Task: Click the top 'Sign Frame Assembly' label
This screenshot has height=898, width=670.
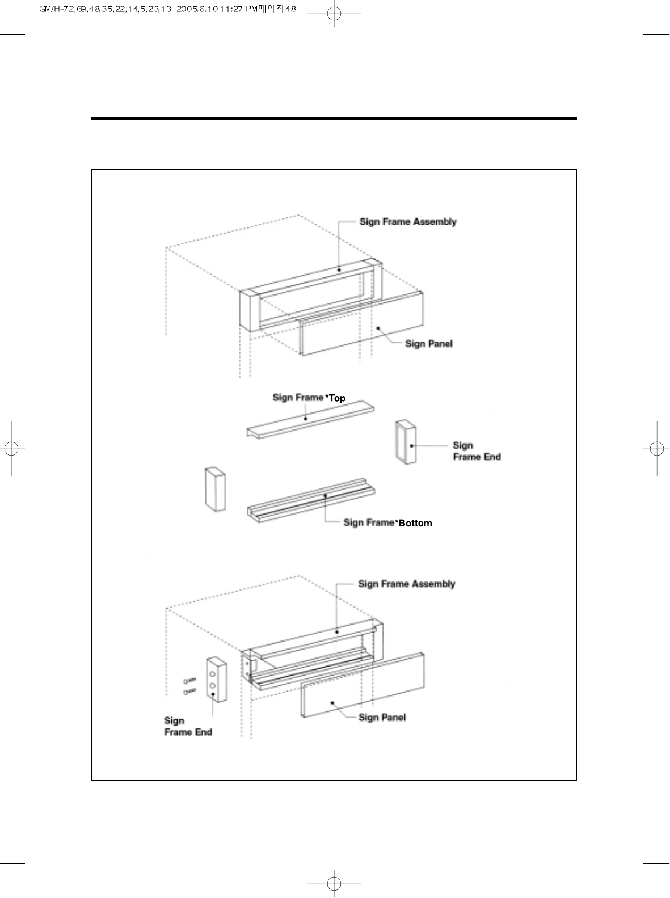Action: (x=407, y=222)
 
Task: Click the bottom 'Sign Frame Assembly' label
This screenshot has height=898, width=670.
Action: (x=406, y=584)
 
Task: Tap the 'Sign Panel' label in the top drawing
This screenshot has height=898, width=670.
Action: (x=429, y=344)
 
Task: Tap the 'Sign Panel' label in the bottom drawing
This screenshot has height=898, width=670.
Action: (x=382, y=718)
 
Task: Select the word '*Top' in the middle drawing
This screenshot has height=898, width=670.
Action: (x=335, y=398)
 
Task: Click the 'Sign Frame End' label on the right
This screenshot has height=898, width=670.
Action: (x=477, y=451)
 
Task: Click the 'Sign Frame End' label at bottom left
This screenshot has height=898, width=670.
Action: (x=188, y=727)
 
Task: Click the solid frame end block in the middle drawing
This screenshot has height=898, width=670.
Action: (x=215, y=489)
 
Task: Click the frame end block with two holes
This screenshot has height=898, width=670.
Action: (x=216, y=681)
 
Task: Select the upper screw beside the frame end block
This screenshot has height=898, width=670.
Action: (x=189, y=680)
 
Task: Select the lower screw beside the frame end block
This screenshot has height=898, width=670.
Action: (x=189, y=691)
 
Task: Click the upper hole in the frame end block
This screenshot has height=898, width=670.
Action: (x=212, y=674)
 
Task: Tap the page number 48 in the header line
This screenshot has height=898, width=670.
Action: (x=290, y=9)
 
